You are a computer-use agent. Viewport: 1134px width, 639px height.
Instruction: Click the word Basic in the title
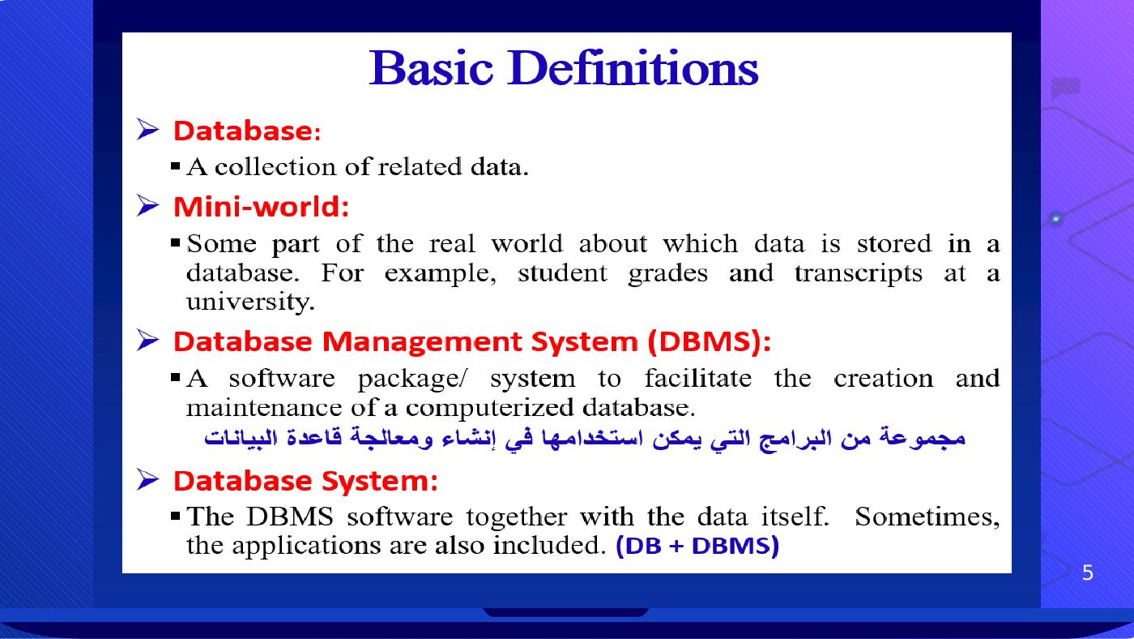click(431, 68)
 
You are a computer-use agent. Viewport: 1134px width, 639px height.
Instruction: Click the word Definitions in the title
click(633, 68)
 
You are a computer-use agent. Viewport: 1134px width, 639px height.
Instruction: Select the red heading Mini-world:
click(261, 207)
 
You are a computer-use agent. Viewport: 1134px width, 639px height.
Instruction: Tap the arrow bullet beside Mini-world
click(147, 206)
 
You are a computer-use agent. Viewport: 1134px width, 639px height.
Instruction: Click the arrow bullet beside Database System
click(147, 479)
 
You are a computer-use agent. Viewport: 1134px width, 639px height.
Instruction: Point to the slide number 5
click(1087, 573)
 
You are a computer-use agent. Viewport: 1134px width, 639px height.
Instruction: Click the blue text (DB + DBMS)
click(697, 546)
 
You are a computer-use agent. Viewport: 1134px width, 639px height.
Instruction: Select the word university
click(250, 302)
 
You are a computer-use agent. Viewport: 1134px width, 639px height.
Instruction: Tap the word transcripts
click(858, 273)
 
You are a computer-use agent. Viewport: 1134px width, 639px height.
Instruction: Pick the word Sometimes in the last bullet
click(927, 517)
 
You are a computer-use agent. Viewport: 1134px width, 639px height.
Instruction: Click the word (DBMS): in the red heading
click(710, 341)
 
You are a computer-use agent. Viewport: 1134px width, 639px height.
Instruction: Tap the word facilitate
click(697, 378)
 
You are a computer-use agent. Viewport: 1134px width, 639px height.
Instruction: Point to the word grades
click(667, 274)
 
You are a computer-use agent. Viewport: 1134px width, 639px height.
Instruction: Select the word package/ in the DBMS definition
click(412, 379)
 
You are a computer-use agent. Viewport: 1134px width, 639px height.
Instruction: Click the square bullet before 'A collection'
click(176, 165)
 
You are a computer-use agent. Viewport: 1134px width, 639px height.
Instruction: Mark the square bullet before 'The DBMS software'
click(176, 517)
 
